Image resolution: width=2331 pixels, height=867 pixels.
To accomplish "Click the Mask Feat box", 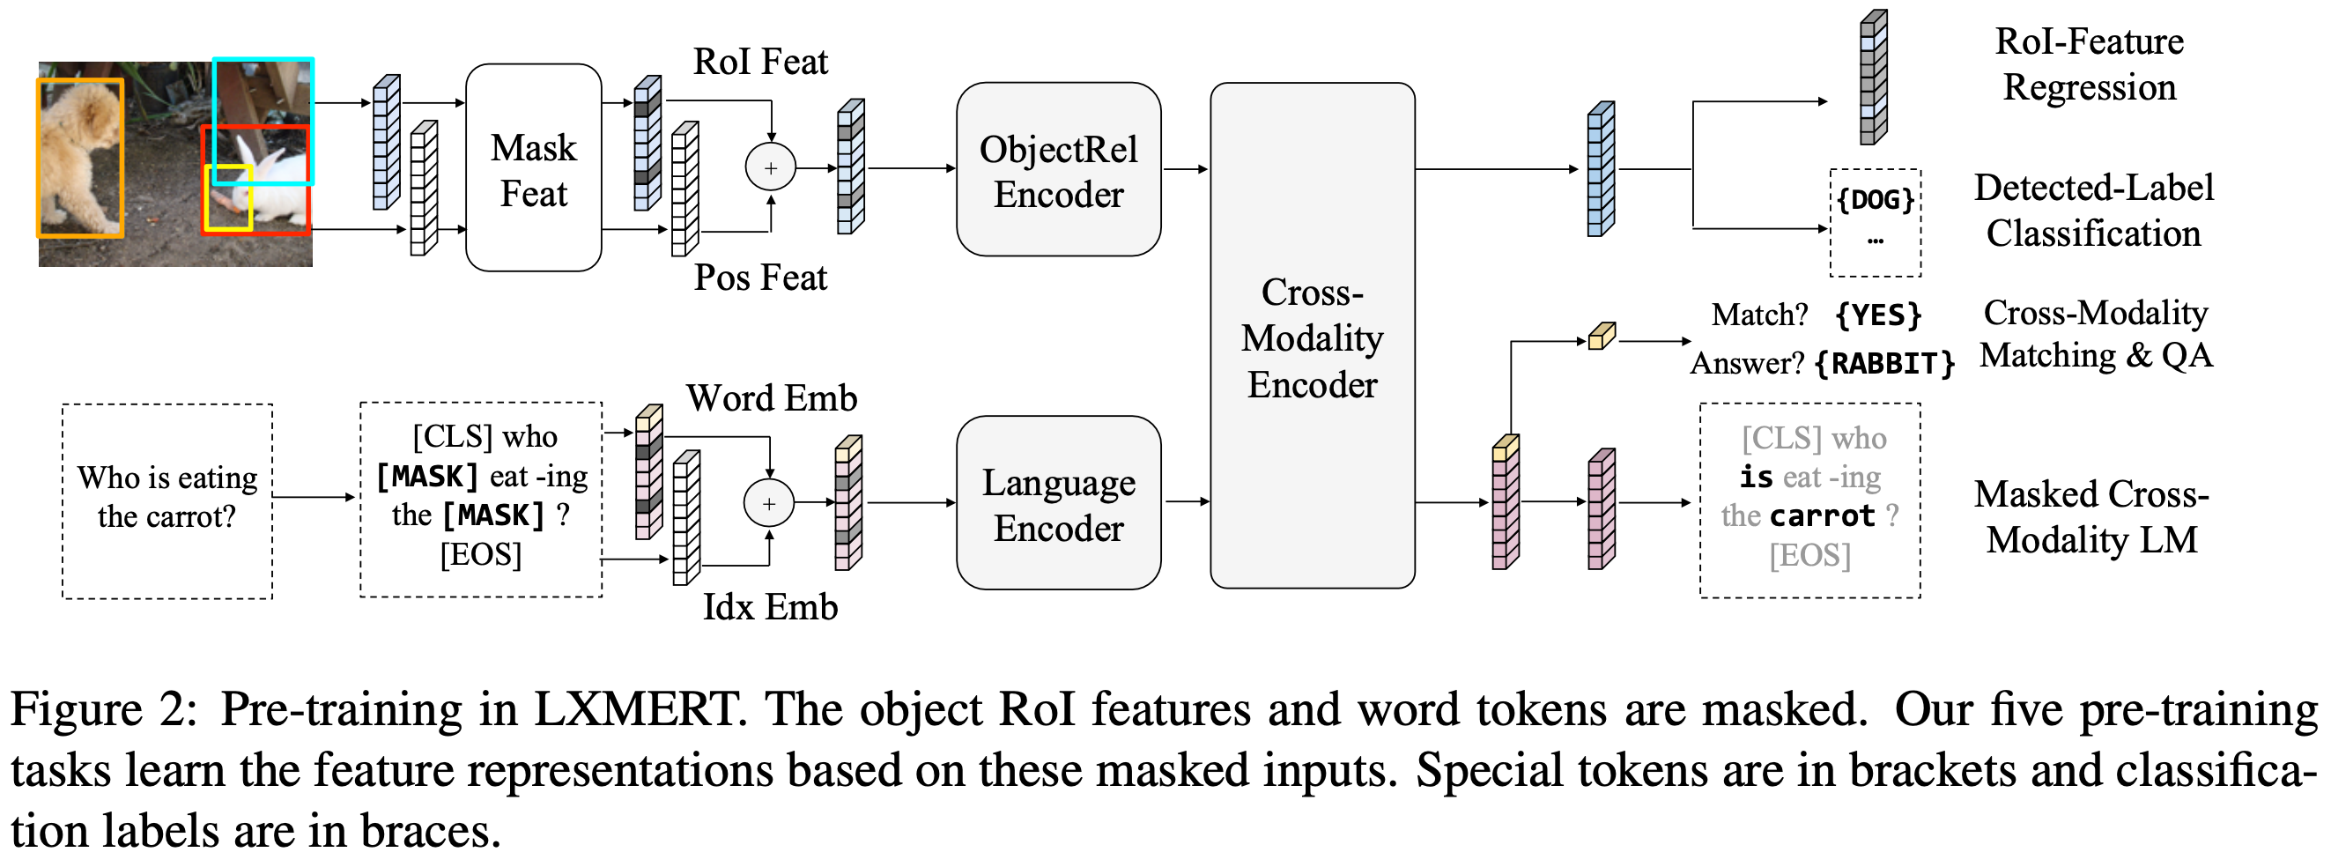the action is point(533,167).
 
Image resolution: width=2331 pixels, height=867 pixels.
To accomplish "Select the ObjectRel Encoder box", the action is point(1058,169).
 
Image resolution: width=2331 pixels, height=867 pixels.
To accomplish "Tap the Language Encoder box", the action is point(1058,503).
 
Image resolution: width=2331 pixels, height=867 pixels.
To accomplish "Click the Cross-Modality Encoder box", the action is point(1312,336).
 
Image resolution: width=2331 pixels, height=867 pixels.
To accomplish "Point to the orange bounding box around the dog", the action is point(79,159).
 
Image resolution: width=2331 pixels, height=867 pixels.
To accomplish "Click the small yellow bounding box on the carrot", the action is point(229,197).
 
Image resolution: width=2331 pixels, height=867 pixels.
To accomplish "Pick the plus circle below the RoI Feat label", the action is point(770,167).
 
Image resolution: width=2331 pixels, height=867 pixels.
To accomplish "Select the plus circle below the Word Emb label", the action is point(768,503).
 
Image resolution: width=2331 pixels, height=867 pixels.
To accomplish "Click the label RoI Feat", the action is point(760,62).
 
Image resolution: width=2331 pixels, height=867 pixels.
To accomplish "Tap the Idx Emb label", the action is point(770,606).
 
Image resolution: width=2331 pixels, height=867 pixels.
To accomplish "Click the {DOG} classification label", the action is point(1875,199).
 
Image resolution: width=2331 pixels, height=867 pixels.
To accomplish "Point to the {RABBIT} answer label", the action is point(1885,364).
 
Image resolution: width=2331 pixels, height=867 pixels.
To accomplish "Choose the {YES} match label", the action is point(1877,315).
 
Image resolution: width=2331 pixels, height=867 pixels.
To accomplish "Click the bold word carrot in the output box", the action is point(1823,515).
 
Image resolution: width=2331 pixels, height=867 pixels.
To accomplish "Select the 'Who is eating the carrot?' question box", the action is point(167,501).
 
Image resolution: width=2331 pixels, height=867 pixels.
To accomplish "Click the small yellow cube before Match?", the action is point(1602,336).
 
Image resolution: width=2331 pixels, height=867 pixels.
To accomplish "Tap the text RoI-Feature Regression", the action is point(2090,64).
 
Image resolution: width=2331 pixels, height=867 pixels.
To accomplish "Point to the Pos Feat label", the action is point(760,277).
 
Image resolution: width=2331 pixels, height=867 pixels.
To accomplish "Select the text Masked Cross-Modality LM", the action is point(2091,516).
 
